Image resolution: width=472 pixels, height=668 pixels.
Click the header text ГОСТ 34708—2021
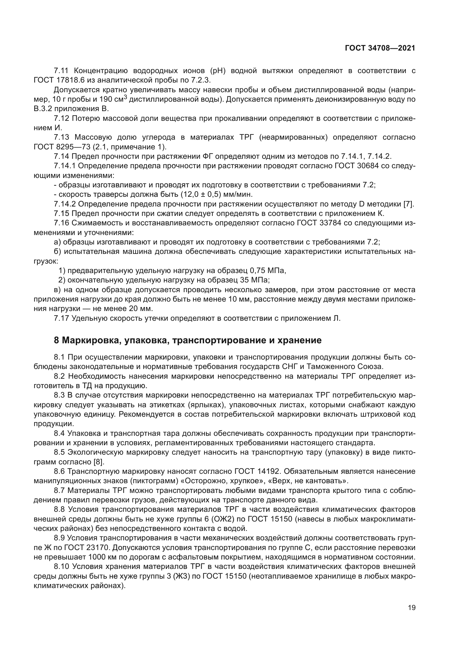pyautogui.click(x=380, y=48)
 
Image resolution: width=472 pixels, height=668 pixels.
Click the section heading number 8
pyautogui.click(x=57, y=340)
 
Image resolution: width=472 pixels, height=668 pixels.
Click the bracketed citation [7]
pyautogui.click(x=409, y=204)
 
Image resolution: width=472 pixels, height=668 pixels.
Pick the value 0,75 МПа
pyautogui.click(x=268, y=270)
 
